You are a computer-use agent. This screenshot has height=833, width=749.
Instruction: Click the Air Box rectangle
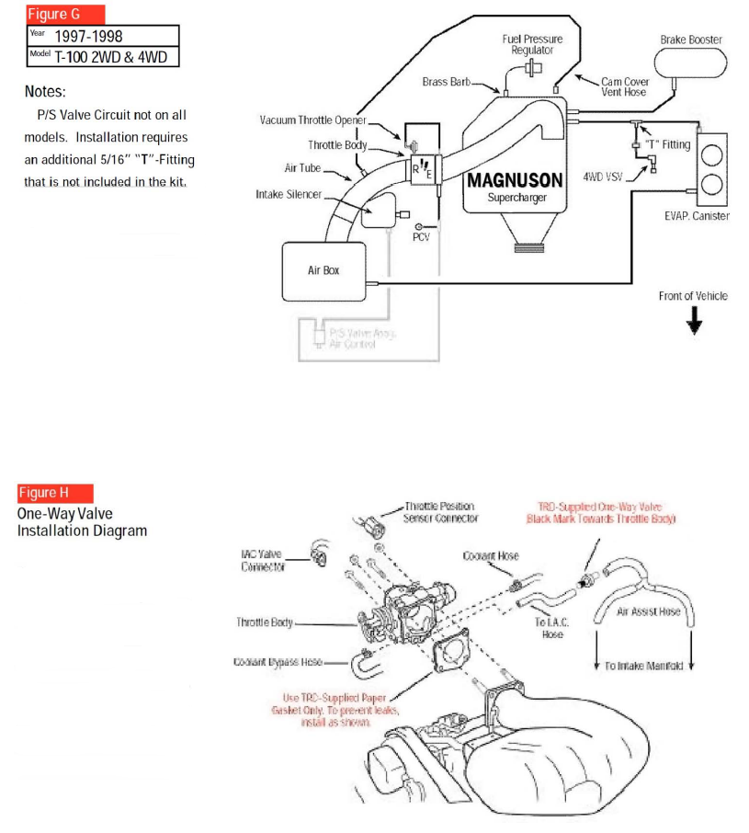click(323, 271)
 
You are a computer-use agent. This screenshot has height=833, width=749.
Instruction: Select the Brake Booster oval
click(690, 63)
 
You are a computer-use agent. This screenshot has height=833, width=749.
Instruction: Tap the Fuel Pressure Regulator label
click(532, 44)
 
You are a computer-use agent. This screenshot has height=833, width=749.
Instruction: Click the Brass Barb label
click(446, 82)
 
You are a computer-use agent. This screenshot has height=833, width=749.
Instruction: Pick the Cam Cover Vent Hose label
click(625, 86)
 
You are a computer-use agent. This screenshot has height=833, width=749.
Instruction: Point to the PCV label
click(421, 237)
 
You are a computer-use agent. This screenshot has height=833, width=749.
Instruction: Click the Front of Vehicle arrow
click(694, 319)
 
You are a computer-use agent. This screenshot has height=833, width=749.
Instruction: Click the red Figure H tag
click(54, 493)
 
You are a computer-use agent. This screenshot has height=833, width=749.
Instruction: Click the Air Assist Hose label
click(649, 611)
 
